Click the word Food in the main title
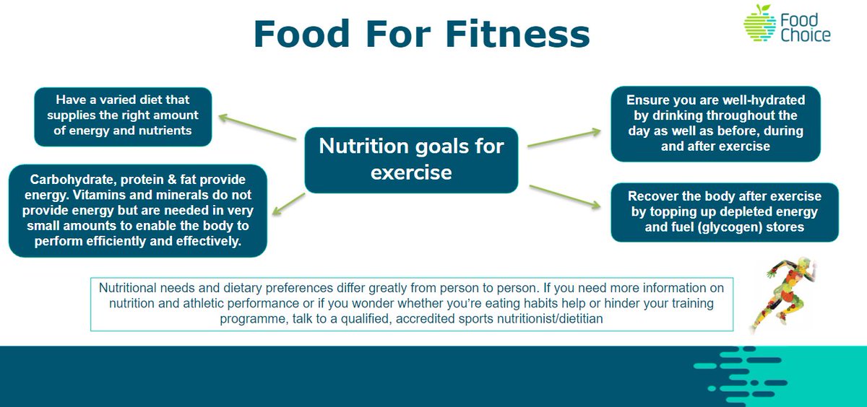pyautogui.click(x=298, y=35)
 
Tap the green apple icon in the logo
pyautogui.click(x=759, y=24)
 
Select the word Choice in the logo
pyautogui.click(x=805, y=35)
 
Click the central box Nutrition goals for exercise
pyautogui.click(x=411, y=160)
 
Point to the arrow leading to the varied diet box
pyautogui.click(x=258, y=126)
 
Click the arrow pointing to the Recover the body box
pyautogui.click(x=566, y=197)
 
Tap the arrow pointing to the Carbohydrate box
pyautogui.click(x=290, y=203)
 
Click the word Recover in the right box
pyautogui.click(x=655, y=196)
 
